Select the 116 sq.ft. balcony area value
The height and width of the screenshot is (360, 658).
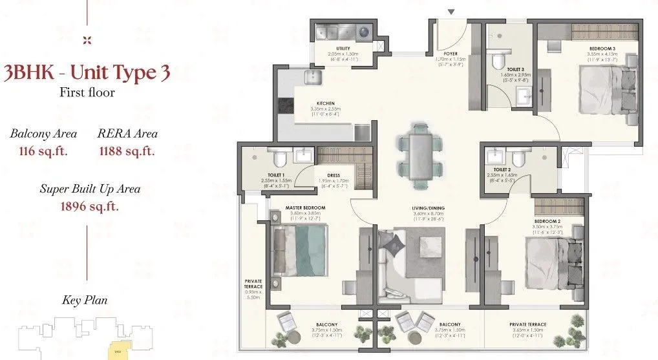(43, 152)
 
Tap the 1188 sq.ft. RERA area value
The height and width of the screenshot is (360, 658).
(127, 152)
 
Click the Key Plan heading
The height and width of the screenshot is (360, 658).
(85, 300)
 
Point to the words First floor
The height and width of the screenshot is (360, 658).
(87, 92)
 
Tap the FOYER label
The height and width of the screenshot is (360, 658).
(451, 54)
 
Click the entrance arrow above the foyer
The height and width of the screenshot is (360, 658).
(451, 12)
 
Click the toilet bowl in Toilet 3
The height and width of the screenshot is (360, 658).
(497, 61)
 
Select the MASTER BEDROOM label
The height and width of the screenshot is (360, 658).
(305, 208)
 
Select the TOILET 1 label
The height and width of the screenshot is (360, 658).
(277, 175)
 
